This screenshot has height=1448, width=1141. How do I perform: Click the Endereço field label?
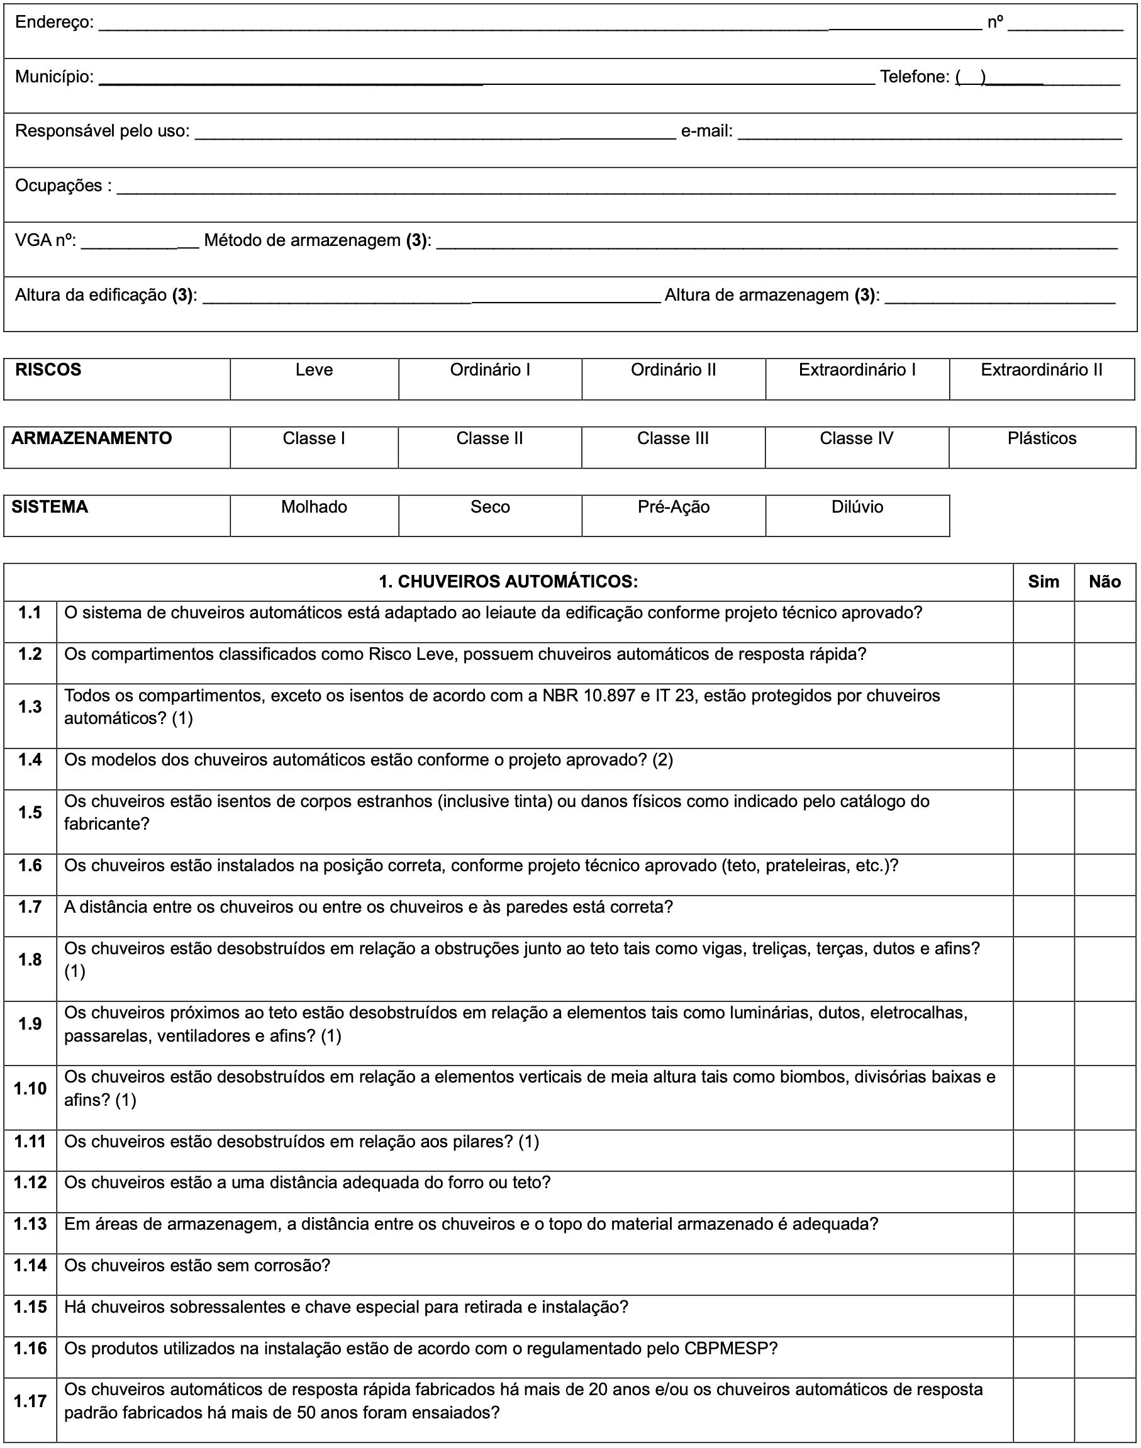coord(54,23)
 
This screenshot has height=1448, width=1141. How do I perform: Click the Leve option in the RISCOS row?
coord(314,370)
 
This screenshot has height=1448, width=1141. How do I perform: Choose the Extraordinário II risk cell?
coord(1042,370)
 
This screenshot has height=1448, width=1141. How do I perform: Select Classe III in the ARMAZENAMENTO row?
coord(672,439)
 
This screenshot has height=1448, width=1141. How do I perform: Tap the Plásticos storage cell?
coord(1042,439)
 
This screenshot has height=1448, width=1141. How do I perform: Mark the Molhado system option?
coord(314,507)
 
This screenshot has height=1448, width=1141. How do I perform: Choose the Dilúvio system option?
coord(857,507)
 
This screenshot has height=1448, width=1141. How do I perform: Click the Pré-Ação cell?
coord(674,507)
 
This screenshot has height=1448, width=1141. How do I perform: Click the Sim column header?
coord(1044,582)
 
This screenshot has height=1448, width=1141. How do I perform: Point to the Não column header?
coord(1105,582)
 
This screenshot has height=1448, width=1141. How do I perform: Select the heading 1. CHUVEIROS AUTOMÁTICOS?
coord(508,582)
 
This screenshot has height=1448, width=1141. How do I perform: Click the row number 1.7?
coord(30,906)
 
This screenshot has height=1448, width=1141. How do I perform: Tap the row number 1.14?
coord(30,1266)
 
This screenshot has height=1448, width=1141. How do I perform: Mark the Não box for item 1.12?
coord(1105,1191)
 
